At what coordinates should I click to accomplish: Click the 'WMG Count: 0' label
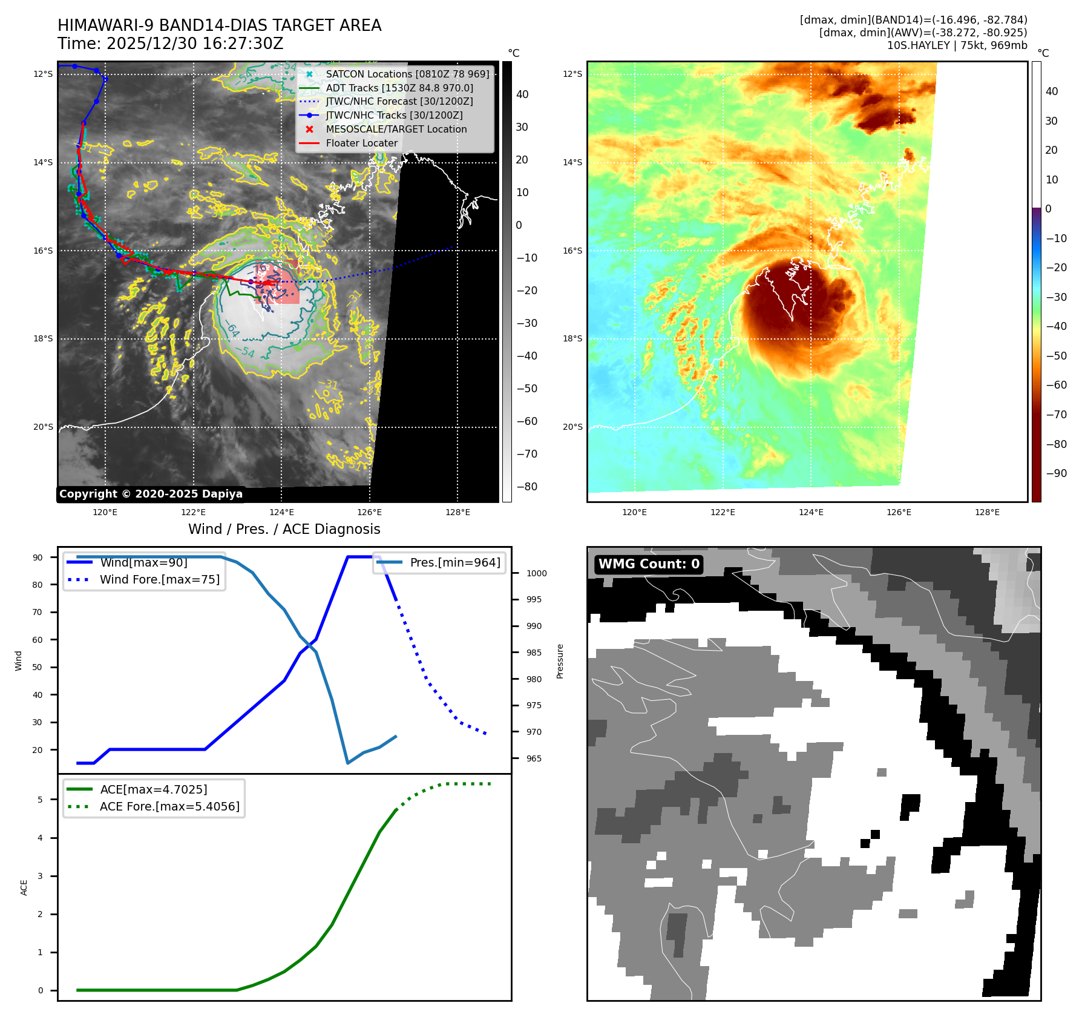pos(649,564)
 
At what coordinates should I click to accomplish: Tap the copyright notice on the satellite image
pos(151,494)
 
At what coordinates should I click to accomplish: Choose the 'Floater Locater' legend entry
pos(361,143)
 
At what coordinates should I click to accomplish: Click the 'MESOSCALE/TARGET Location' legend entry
pos(396,129)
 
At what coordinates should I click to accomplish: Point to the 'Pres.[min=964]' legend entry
pos(454,562)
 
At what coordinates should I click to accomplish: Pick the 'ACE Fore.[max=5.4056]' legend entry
pos(169,806)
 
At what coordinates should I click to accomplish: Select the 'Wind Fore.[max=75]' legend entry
pos(160,579)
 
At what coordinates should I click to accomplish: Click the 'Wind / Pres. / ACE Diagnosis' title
pos(284,529)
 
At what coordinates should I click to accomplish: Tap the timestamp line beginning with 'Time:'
pos(171,44)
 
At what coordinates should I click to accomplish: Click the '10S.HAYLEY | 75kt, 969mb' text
pos(957,45)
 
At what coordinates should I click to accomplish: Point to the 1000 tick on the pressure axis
pos(536,573)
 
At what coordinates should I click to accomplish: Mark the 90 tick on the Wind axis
pos(38,558)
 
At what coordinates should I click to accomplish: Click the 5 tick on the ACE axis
pos(41,800)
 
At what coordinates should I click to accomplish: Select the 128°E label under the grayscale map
pos(457,512)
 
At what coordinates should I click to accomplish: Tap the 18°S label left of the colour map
pos(572,338)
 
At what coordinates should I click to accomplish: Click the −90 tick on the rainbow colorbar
pos(1056,473)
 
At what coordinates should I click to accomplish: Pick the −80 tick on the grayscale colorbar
pos(526,487)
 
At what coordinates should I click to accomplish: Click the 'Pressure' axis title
pos(560,661)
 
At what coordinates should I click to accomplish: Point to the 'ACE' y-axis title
pos(24,887)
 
